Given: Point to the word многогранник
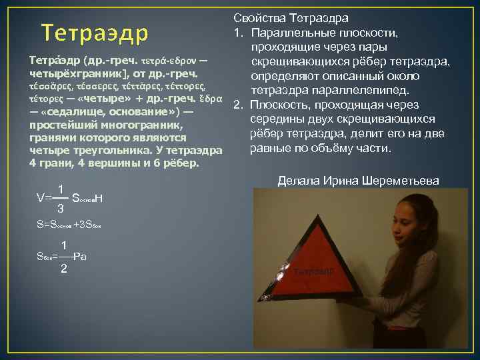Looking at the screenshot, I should coord(143,125).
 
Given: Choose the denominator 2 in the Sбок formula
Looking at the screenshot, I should coord(63,269).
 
